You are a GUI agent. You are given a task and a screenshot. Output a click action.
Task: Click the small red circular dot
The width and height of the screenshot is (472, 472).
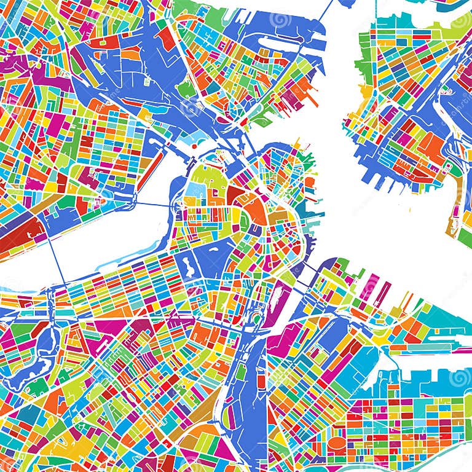pos(194,146)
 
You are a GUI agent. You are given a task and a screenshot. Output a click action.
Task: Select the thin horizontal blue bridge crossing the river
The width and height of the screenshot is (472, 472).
pos(154,203)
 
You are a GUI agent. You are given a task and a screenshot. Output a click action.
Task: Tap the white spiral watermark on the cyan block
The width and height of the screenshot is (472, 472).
pos(457,376)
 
